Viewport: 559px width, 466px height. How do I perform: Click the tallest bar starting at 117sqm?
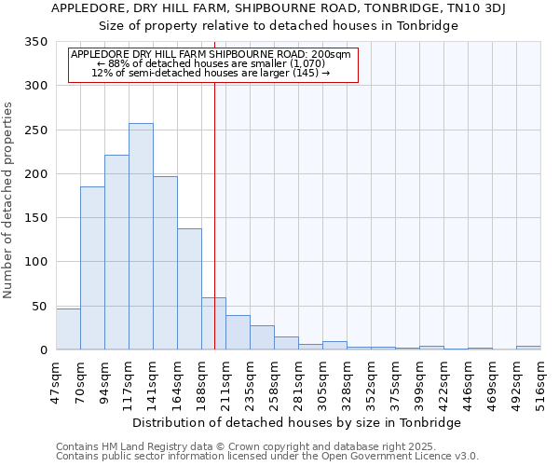tap(141, 237)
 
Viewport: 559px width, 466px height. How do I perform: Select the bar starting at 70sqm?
tap(92, 268)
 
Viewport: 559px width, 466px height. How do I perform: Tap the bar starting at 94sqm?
tap(116, 252)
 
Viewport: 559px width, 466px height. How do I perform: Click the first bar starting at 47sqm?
tap(68, 329)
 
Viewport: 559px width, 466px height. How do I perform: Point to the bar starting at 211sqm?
tap(238, 333)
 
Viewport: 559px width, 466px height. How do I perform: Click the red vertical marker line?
tap(214, 214)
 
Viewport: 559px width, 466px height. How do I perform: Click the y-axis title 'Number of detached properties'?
tap(8, 201)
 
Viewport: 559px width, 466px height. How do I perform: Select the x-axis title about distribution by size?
tap(296, 422)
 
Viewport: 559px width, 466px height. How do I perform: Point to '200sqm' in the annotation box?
tap(332, 54)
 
